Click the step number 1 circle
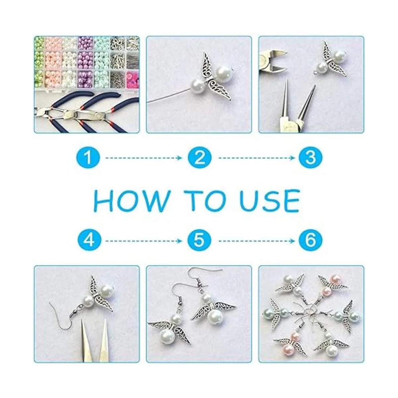[88, 158]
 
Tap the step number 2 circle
[200, 158]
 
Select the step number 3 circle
[311, 158]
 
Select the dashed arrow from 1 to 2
[144, 158]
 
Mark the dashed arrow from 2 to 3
[257, 158]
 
